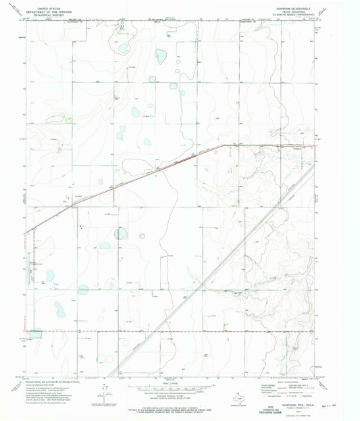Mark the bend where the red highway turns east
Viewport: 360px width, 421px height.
click(x=224, y=145)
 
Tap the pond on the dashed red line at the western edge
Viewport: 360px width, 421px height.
click(x=35, y=333)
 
